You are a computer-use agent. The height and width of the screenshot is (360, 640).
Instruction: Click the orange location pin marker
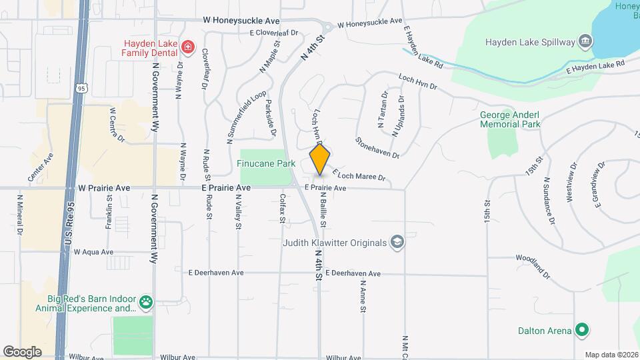(320, 159)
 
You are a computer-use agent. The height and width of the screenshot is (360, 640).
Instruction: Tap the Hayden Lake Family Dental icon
(188, 46)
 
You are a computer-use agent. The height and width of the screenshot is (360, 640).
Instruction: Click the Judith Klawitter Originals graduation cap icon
(397, 242)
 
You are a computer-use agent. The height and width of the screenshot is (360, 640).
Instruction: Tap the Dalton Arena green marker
(582, 330)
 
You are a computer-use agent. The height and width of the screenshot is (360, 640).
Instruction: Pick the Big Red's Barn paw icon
(145, 303)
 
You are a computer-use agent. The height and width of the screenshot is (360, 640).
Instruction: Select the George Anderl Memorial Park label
(511, 119)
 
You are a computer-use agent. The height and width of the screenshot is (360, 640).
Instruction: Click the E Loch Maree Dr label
(359, 175)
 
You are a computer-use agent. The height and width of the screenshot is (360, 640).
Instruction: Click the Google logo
(22, 351)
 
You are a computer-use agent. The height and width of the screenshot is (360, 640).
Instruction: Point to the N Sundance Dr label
(550, 201)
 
